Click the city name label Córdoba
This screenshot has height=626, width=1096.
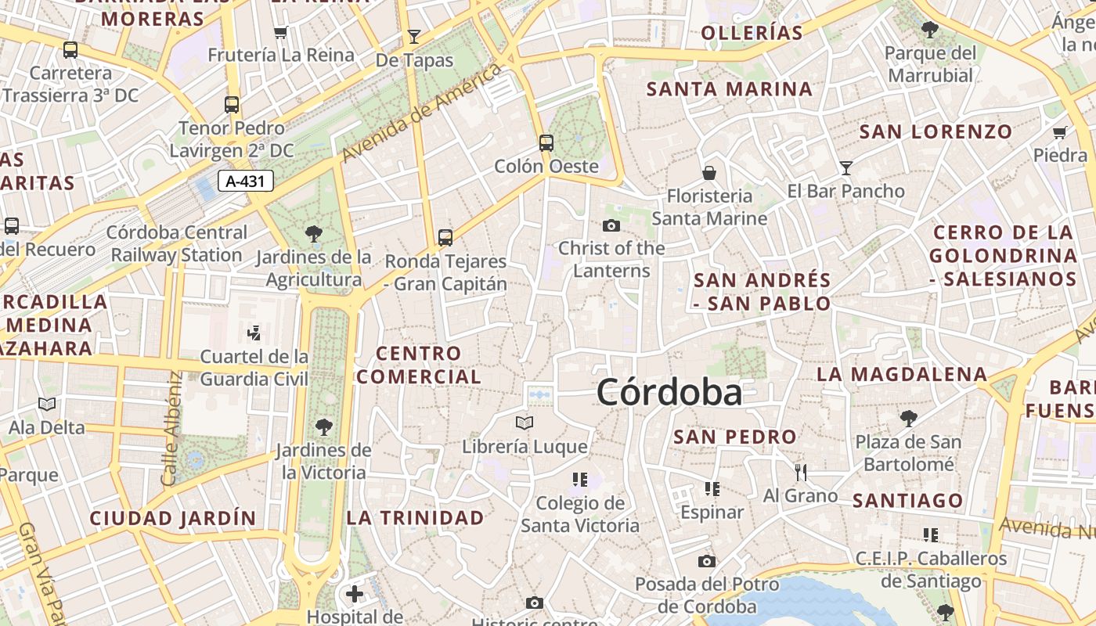[x=669, y=392]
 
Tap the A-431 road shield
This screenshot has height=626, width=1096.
[x=246, y=182]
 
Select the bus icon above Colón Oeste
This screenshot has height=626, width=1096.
[x=546, y=143]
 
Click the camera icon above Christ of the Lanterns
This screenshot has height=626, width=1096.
[x=611, y=226]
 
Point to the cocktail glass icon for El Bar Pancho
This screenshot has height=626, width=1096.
[x=845, y=167]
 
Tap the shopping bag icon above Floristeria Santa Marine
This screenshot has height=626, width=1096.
[x=709, y=173]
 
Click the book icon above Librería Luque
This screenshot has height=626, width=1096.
[x=525, y=423]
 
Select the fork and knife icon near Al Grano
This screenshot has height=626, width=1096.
[x=800, y=472]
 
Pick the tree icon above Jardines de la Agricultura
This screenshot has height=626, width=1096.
[x=314, y=233]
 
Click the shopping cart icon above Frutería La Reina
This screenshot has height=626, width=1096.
[x=281, y=32]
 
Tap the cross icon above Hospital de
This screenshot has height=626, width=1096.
[x=355, y=594]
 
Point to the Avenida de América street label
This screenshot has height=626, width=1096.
[x=423, y=113]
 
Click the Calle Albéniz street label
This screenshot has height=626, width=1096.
[x=171, y=427]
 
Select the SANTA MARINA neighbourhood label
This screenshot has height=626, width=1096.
[x=730, y=89]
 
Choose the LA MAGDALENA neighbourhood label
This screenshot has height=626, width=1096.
[x=902, y=374]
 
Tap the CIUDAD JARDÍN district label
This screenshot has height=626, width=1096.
[x=173, y=518]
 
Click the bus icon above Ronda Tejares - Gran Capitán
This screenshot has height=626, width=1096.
[x=445, y=237]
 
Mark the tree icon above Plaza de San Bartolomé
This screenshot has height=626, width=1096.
[x=908, y=419]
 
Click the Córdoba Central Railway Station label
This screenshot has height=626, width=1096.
[x=177, y=243]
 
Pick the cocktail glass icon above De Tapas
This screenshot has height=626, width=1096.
[x=414, y=36]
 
